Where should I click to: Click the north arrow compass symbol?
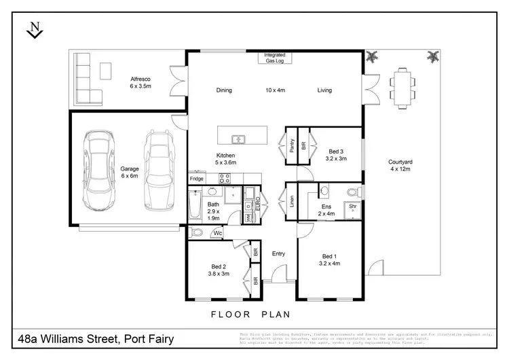click(x=34, y=31)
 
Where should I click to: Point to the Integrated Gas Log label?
click(x=275, y=58)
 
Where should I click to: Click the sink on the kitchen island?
click(x=239, y=139)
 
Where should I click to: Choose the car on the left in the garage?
click(x=99, y=170)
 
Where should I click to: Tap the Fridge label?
click(x=196, y=179)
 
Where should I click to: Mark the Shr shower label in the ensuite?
click(x=352, y=204)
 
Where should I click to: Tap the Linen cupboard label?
click(x=290, y=200)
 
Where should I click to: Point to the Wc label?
click(x=218, y=233)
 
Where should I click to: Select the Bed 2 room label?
click(x=219, y=270)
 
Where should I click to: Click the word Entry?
click(x=278, y=254)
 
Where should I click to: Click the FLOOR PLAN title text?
click(x=250, y=314)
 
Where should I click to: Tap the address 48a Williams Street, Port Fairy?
click(x=96, y=338)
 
